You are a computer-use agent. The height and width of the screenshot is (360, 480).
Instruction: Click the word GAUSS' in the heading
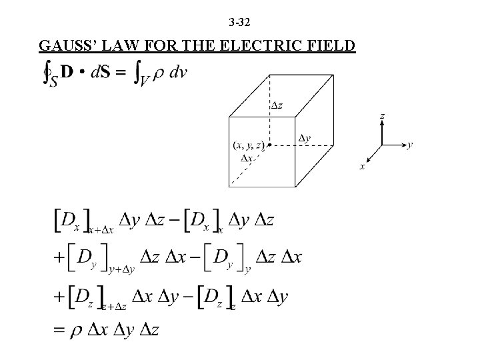tap(65, 46)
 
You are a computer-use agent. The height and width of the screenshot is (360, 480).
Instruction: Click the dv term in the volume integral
tap(178, 72)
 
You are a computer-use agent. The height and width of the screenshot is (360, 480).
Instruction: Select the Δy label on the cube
tap(304, 138)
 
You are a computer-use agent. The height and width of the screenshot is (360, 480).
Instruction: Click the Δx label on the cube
tap(247, 158)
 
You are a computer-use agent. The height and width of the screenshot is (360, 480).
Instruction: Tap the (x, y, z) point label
tap(248, 145)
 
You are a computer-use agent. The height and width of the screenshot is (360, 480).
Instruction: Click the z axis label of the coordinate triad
tap(382, 115)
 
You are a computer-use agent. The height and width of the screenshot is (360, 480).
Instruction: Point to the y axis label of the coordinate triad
tap(409, 143)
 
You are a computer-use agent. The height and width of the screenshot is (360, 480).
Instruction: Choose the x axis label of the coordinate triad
tap(363, 167)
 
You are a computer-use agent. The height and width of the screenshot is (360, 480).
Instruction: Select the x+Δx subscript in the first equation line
tap(103, 229)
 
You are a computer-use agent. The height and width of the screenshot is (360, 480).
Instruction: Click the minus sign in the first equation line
tap(174, 221)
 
